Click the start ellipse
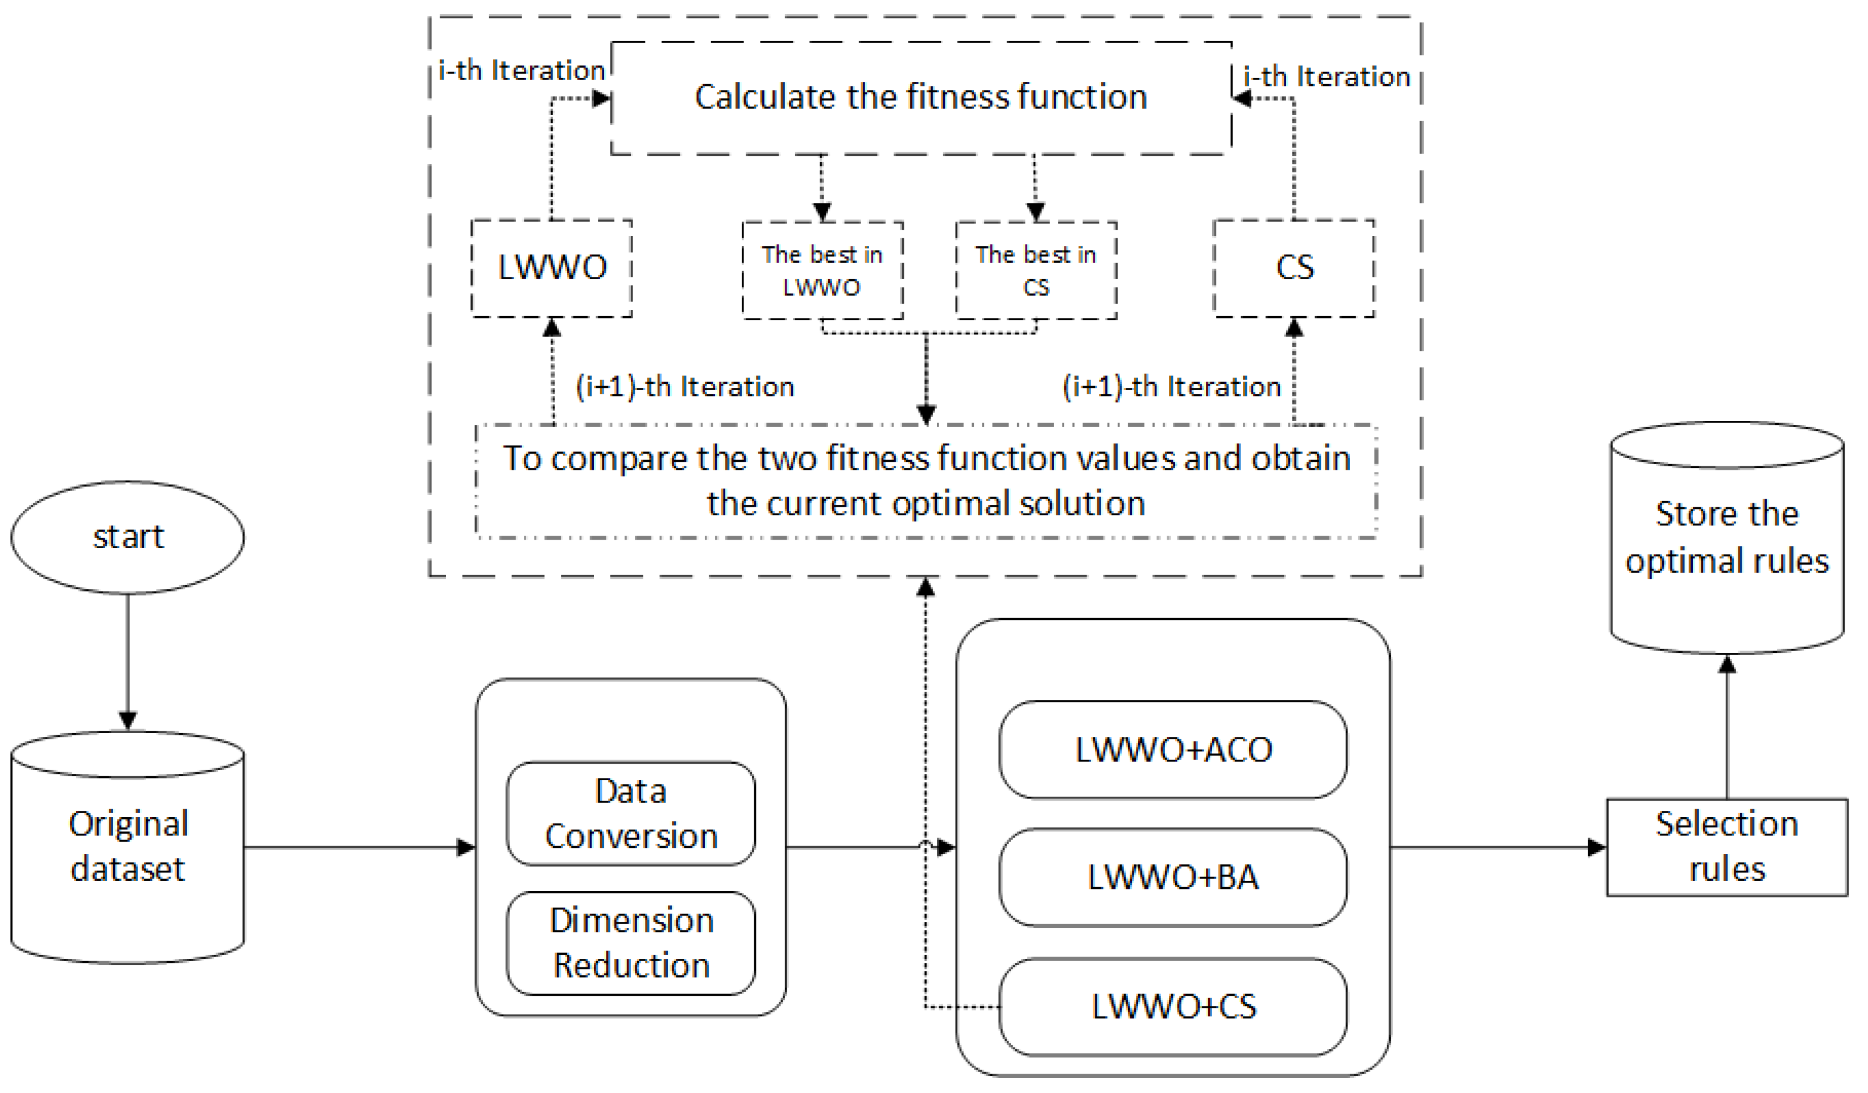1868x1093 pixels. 127,537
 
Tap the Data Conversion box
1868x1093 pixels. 631,814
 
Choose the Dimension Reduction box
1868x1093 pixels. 631,942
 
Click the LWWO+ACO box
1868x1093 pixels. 1173,750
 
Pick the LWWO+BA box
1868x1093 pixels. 1173,877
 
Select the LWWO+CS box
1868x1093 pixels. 1173,1007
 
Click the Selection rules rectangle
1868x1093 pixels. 1726,847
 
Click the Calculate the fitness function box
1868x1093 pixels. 921,98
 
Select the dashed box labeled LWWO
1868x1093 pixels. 552,268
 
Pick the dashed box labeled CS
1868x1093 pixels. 1293,268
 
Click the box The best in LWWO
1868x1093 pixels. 822,271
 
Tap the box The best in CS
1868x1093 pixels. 1036,271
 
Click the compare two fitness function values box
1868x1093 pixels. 926,481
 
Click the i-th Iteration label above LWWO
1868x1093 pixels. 522,71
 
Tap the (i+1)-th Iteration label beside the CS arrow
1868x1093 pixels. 1171,387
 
